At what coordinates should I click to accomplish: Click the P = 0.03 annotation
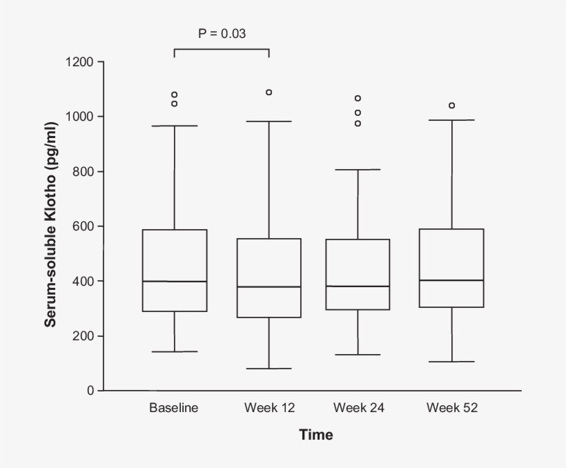[x=222, y=33]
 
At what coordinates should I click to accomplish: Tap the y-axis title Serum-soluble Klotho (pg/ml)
[x=51, y=224]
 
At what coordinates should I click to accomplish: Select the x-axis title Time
[x=316, y=435]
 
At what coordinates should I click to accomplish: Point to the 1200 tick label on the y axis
[x=80, y=62]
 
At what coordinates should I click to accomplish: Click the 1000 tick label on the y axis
[x=80, y=117]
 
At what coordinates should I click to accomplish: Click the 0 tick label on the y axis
[x=90, y=391]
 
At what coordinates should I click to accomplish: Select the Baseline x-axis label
[x=173, y=408]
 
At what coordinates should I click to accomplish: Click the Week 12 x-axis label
[x=269, y=408]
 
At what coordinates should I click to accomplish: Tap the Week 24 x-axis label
[x=359, y=408]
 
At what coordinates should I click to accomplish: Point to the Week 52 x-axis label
[x=452, y=408]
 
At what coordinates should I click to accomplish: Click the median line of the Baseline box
[x=175, y=282]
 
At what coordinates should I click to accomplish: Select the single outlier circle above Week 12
[x=269, y=92]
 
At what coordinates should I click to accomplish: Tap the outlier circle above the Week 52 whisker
[x=452, y=106]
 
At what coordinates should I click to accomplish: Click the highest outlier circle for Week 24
[x=358, y=98]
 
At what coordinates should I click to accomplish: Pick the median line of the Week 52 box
[x=452, y=280]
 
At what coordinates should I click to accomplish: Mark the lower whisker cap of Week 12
[x=269, y=369]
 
